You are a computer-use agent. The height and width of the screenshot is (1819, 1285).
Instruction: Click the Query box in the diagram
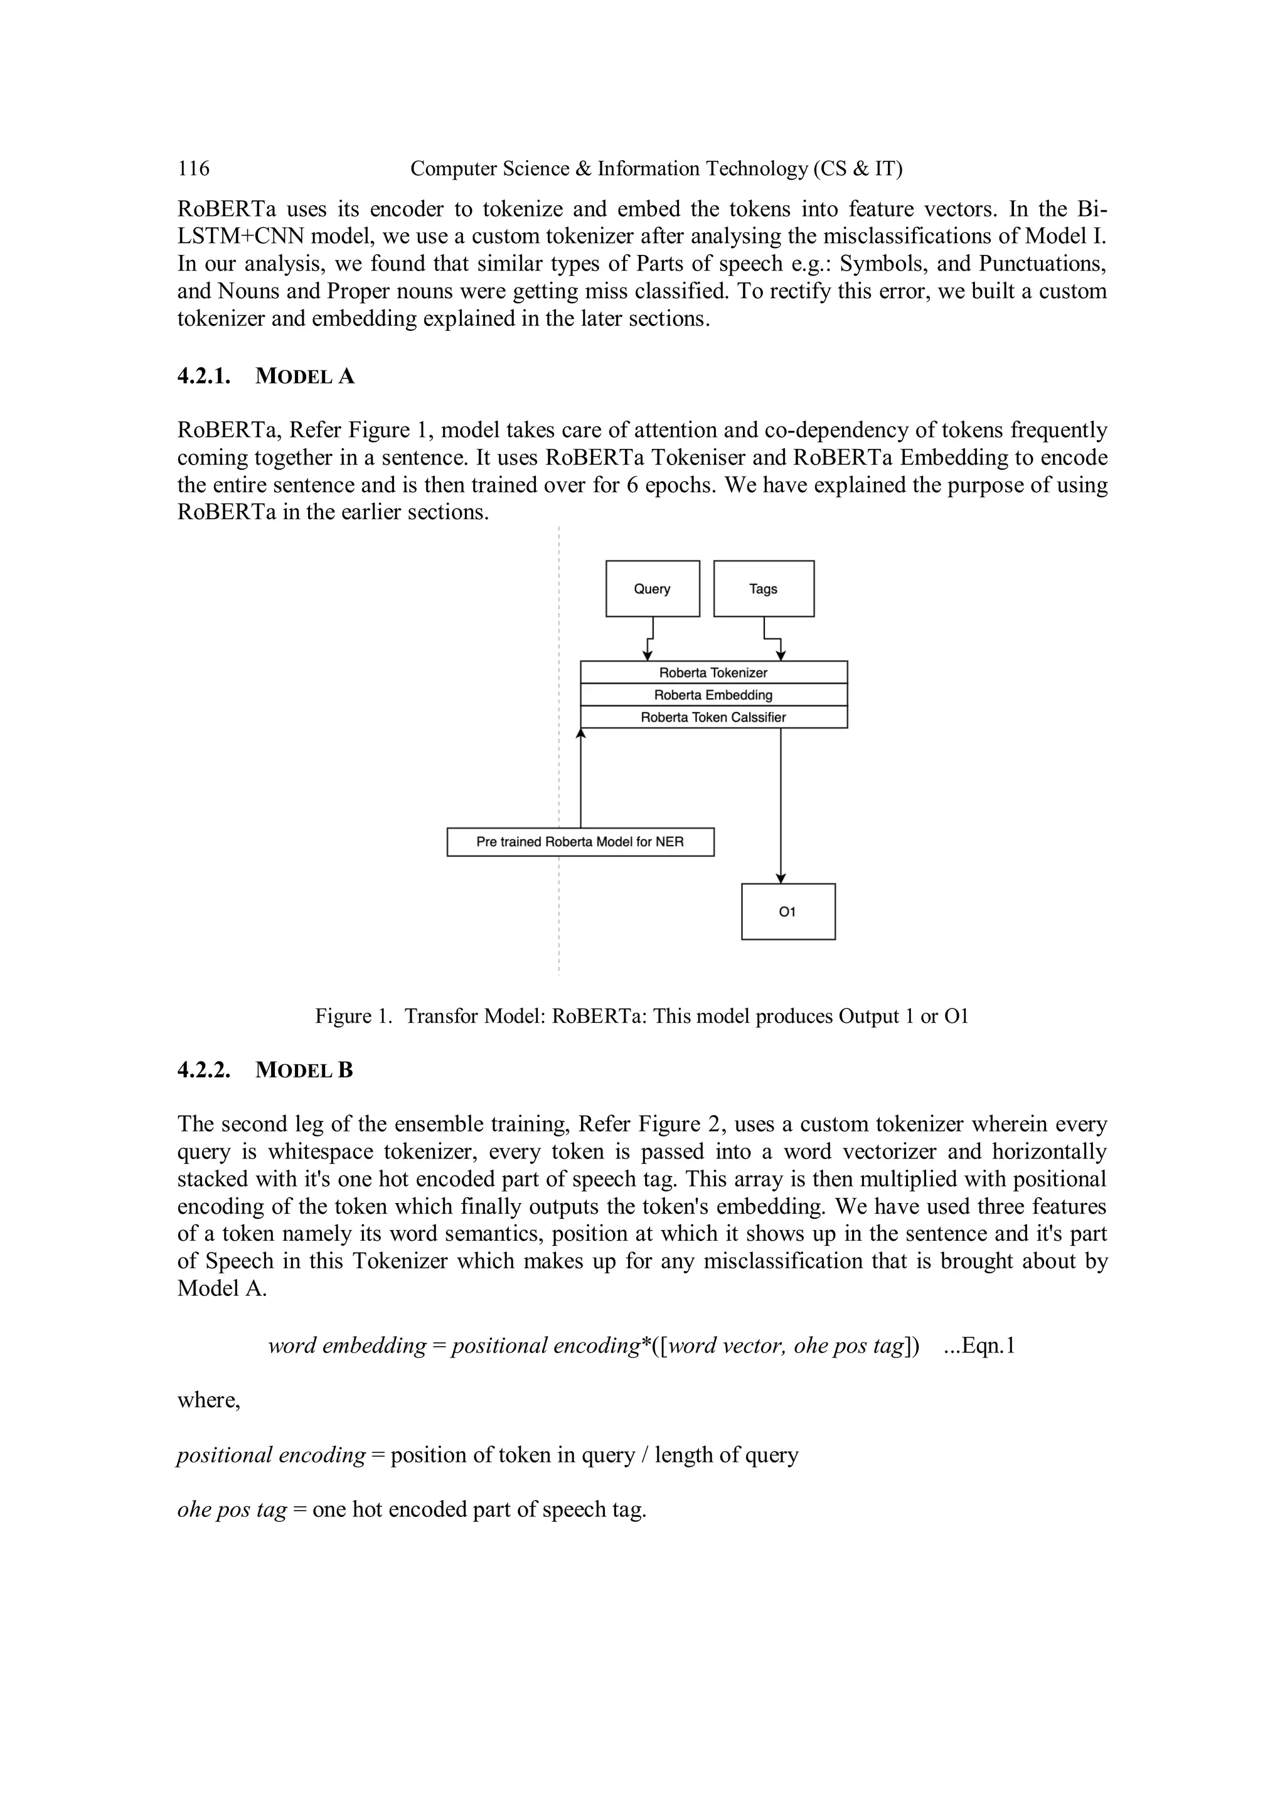click(653, 588)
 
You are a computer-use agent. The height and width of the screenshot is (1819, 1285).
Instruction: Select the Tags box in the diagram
click(763, 588)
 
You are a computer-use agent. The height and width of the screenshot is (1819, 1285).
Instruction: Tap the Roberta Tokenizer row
click(713, 672)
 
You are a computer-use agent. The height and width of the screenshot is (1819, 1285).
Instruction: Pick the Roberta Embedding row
click(713, 695)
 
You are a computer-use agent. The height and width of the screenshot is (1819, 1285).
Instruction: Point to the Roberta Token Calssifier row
click(713, 717)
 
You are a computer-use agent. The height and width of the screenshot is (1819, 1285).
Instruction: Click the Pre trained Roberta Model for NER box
click(580, 841)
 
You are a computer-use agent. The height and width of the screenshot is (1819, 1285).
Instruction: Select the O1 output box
click(788, 912)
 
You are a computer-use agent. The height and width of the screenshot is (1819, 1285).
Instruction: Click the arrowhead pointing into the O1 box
click(781, 878)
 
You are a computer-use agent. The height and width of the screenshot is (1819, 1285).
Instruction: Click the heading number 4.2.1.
click(203, 376)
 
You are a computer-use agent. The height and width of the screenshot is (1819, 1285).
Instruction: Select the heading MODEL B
click(304, 1071)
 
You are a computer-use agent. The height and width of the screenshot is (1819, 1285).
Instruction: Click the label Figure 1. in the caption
click(353, 1017)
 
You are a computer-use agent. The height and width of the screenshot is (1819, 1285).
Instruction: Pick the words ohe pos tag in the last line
click(231, 1509)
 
